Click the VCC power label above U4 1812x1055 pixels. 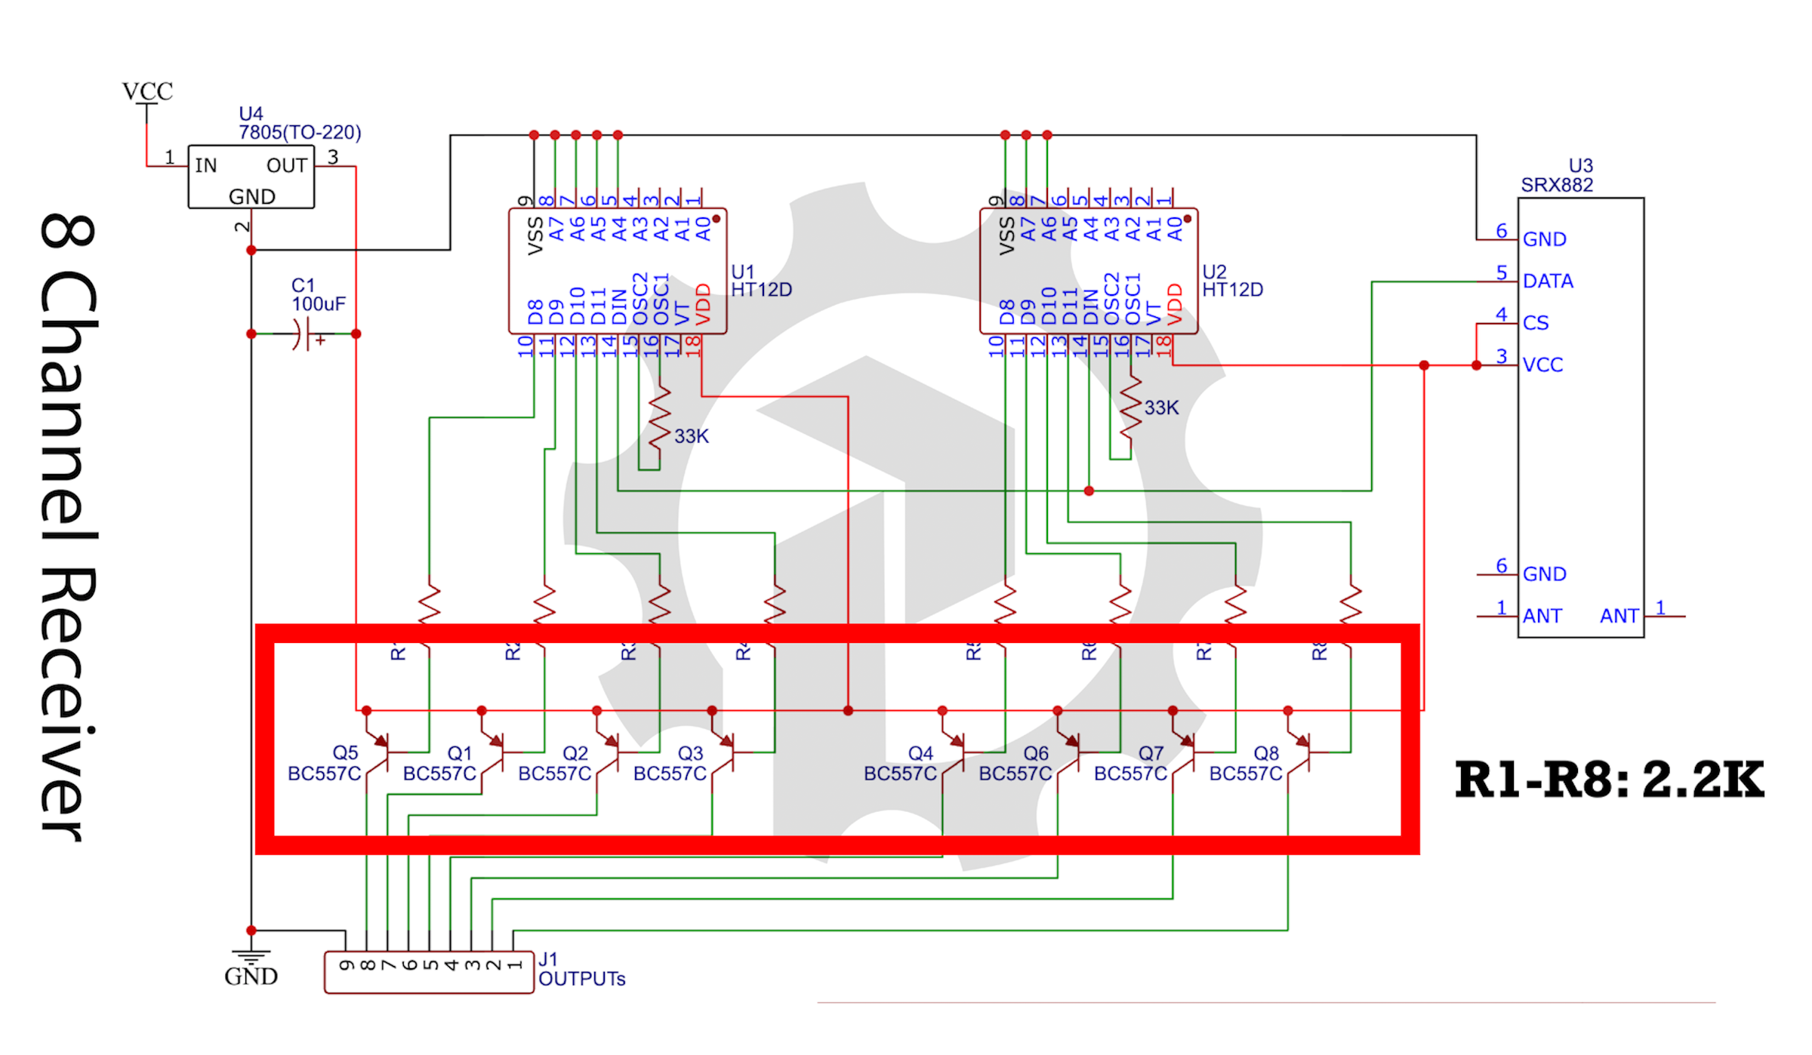147,92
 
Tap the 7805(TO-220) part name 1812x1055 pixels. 300,133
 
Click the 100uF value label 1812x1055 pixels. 319,304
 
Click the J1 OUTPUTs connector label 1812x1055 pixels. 581,979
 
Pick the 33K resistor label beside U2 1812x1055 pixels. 1161,408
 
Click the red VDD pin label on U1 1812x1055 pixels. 703,304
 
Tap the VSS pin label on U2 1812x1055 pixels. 1006,235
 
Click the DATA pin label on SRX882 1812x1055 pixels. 1548,281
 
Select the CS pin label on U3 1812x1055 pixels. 1536,323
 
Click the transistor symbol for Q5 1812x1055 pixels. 381,752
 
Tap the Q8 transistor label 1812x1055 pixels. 1266,753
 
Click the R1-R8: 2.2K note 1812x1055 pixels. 1609,780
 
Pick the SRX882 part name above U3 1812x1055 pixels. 1557,186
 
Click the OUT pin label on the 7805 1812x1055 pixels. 286,166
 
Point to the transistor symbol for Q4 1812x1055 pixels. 957,752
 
